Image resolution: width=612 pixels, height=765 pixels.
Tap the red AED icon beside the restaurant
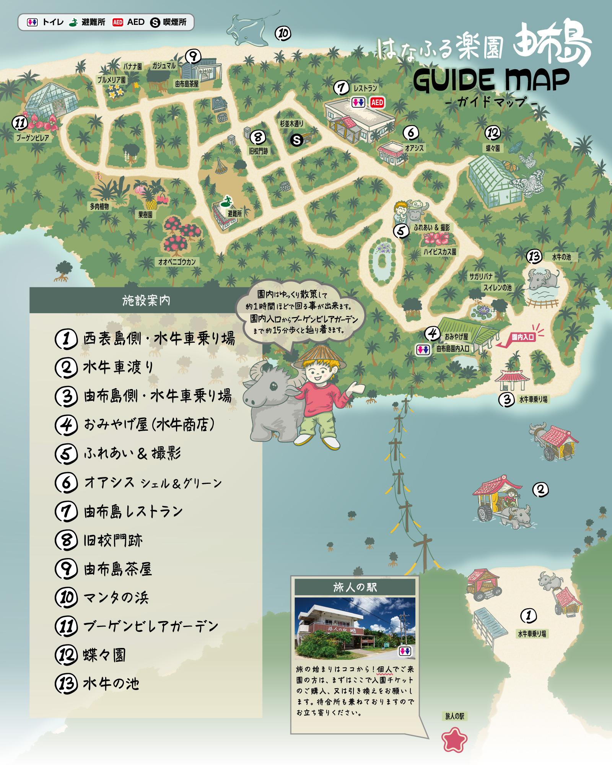tap(377, 103)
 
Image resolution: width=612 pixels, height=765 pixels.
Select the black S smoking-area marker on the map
tap(296, 140)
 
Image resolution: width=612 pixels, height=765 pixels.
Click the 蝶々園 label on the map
tap(493, 148)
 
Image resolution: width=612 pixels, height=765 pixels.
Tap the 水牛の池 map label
tap(561, 257)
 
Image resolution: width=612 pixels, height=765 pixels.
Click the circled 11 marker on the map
tap(20, 123)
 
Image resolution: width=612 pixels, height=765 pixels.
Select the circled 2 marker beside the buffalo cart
tap(540, 489)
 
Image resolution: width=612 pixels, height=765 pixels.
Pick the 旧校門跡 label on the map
tap(259, 151)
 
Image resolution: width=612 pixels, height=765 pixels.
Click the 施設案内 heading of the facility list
tap(146, 301)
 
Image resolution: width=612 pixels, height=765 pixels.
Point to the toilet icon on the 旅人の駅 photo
tap(405, 651)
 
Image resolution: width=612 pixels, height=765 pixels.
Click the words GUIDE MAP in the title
tap(491, 80)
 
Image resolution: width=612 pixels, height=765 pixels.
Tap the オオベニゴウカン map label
tap(177, 262)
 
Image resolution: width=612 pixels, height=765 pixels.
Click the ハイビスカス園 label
tap(439, 252)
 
